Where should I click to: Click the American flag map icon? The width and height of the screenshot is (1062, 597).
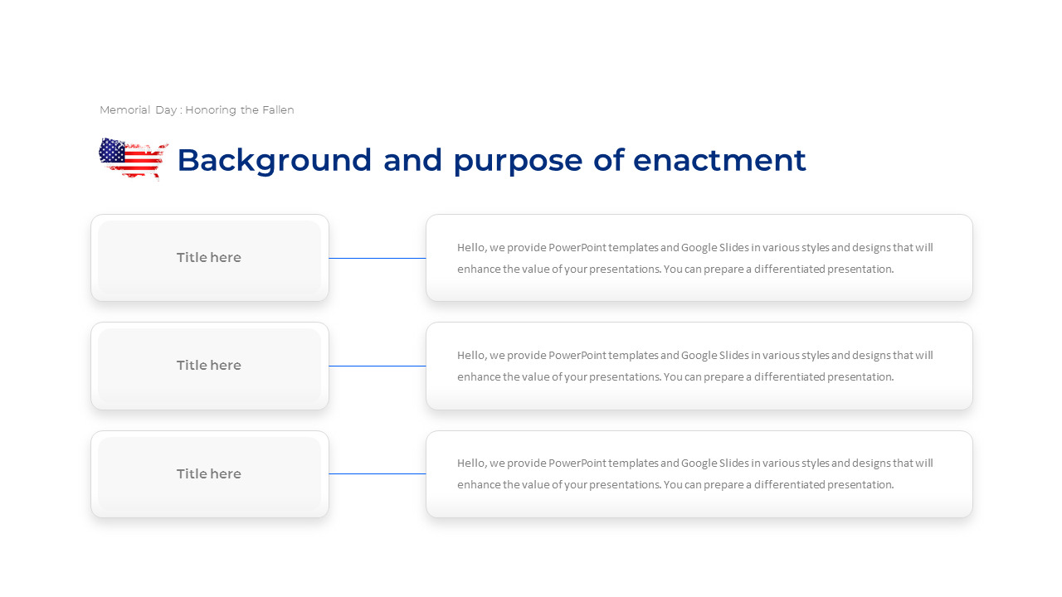[134, 158]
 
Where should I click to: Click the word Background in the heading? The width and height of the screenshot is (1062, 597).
[275, 161]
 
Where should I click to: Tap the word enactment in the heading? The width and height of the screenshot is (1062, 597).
[719, 160]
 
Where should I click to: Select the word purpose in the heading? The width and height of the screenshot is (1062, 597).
[518, 161]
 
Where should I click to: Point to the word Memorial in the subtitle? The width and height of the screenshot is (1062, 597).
[124, 110]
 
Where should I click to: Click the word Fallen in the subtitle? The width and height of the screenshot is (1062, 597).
[278, 110]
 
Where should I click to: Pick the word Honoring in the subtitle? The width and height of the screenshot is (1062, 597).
[211, 110]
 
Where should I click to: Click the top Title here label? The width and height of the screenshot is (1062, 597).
[209, 257]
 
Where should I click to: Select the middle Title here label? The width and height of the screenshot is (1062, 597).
[209, 366]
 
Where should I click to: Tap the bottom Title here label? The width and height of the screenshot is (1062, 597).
[209, 473]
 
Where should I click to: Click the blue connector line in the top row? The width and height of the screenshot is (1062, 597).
[378, 258]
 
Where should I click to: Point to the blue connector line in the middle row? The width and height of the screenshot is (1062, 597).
[378, 366]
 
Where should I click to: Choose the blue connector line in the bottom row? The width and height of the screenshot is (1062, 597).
[378, 473]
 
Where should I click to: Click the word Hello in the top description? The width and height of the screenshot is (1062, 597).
[472, 248]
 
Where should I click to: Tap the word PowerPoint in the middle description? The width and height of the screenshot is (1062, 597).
[577, 356]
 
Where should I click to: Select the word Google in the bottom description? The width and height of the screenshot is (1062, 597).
[699, 464]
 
